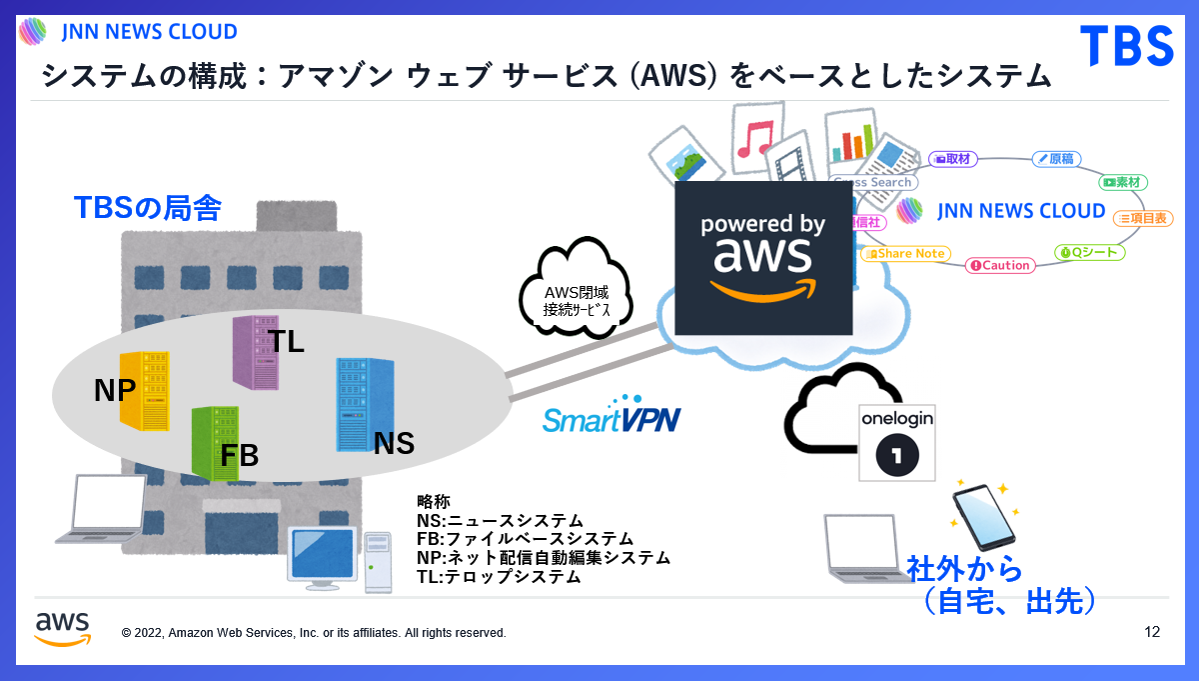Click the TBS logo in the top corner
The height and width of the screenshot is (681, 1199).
[x=1126, y=46]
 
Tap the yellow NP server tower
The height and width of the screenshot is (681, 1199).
[x=144, y=390]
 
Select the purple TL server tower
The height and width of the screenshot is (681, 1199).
[x=254, y=351]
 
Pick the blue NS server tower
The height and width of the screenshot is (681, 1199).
[x=357, y=405]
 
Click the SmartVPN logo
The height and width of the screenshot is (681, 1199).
[x=611, y=416]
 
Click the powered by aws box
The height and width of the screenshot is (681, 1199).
[x=762, y=257]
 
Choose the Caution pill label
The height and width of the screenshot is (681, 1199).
[x=998, y=265]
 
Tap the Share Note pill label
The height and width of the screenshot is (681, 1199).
[x=906, y=254]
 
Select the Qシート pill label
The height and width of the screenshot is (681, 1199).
[x=1090, y=252]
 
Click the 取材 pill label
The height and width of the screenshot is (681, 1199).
[x=953, y=158]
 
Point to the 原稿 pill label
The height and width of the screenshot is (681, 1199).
[x=1055, y=158]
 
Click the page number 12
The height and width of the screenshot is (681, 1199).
[x=1152, y=632]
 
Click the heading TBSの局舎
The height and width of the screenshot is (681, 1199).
[x=147, y=208]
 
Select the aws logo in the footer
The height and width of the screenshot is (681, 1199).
[x=62, y=628]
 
